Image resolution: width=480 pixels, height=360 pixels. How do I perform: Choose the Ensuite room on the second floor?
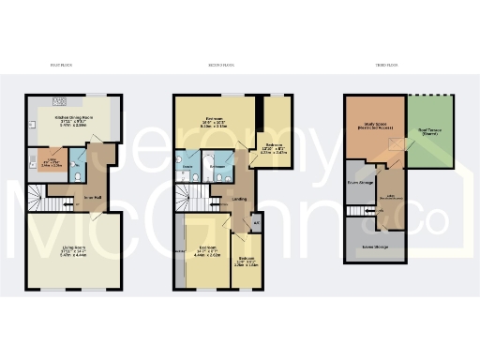click(x=187, y=165)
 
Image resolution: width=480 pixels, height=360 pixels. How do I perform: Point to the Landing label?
click(x=240, y=199)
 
